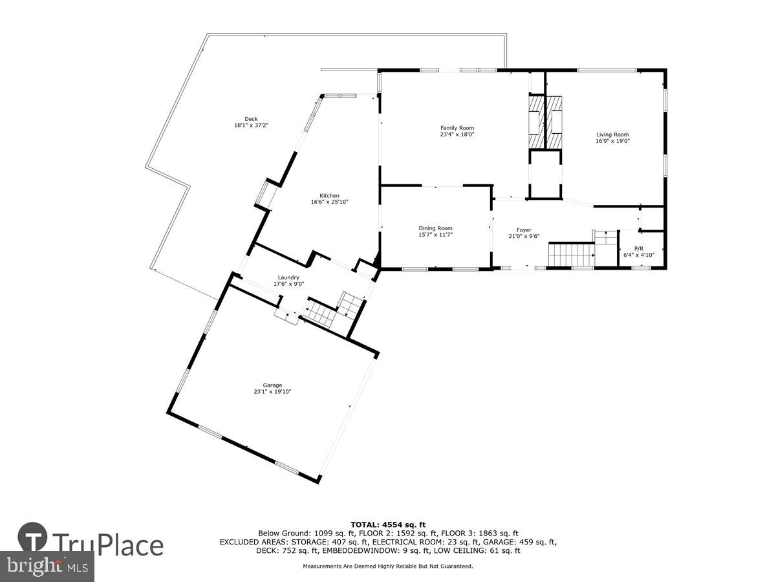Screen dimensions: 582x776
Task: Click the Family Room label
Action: pyautogui.click(x=457, y=128)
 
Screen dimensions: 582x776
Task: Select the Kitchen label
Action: pyautogui.click(x=329, y=196)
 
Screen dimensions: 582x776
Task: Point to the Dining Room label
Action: pyautogui.click(x=435, y=228)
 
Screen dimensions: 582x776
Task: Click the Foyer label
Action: pyautogui.click(x=523, y=230)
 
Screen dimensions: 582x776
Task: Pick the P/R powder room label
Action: pyautogui.click(x=638, y=248)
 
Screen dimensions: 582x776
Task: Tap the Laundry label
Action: pyautogui.click(x=288, y=277)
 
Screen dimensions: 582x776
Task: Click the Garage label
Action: pyautogui.click(x=272, y=385)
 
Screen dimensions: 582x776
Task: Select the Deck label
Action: pyautogui.click(x=251, y=119)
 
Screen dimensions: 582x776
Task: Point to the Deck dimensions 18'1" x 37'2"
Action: pyautogui.click(x=251, y=125)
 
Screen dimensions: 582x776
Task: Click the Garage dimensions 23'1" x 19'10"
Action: pyautogui.click(x=272, y=392)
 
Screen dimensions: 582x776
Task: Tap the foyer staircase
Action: pyautogui.click(x=571, y=253)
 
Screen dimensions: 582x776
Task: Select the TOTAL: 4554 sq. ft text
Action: pyautogui.click(x=388, y=524)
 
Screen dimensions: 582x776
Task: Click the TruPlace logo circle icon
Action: pyautogui.click(x=32, y=538)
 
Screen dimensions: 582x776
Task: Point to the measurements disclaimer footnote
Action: pyautogui.click(x=388, y=566)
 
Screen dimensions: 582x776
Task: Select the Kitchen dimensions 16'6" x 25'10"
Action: pyautogui.click(x=329, y=202)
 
